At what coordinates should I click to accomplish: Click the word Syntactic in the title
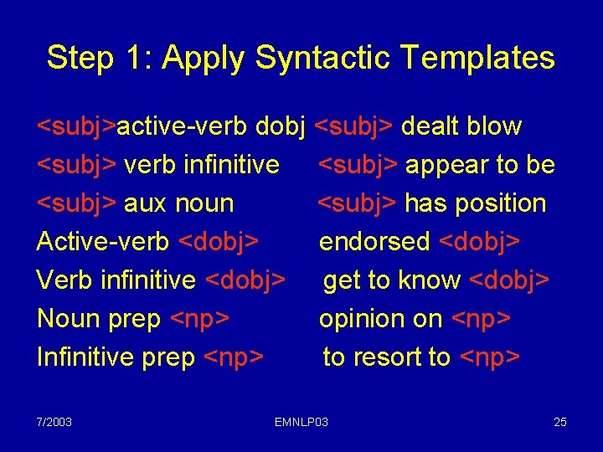(x=324, y=59)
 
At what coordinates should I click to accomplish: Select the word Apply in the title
(x=206, y=59)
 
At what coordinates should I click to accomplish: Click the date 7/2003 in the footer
(x=54, y=421)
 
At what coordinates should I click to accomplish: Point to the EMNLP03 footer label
(x=301, y=421)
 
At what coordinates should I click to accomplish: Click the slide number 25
(x=560, y=421)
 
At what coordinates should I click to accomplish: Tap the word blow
(x=495, y=126)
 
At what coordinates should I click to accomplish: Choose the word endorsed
(x=374, y=242)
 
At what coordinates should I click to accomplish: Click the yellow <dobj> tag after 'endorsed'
(x=480, y=242)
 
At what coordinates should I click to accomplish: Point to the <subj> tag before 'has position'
(x=357, y=203)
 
